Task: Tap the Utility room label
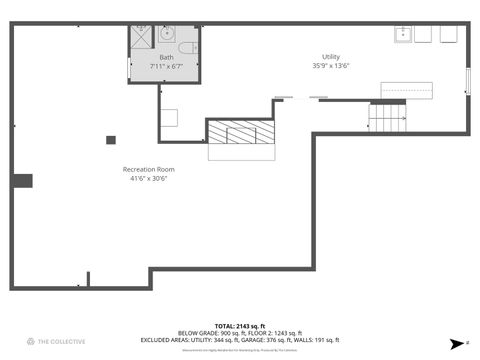330,57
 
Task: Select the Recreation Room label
148,169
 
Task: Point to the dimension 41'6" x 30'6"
148,180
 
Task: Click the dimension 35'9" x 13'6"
330,67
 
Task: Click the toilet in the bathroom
187,47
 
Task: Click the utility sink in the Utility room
404,35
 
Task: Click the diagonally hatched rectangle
240,132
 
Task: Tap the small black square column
112,139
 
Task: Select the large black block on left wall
22,181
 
